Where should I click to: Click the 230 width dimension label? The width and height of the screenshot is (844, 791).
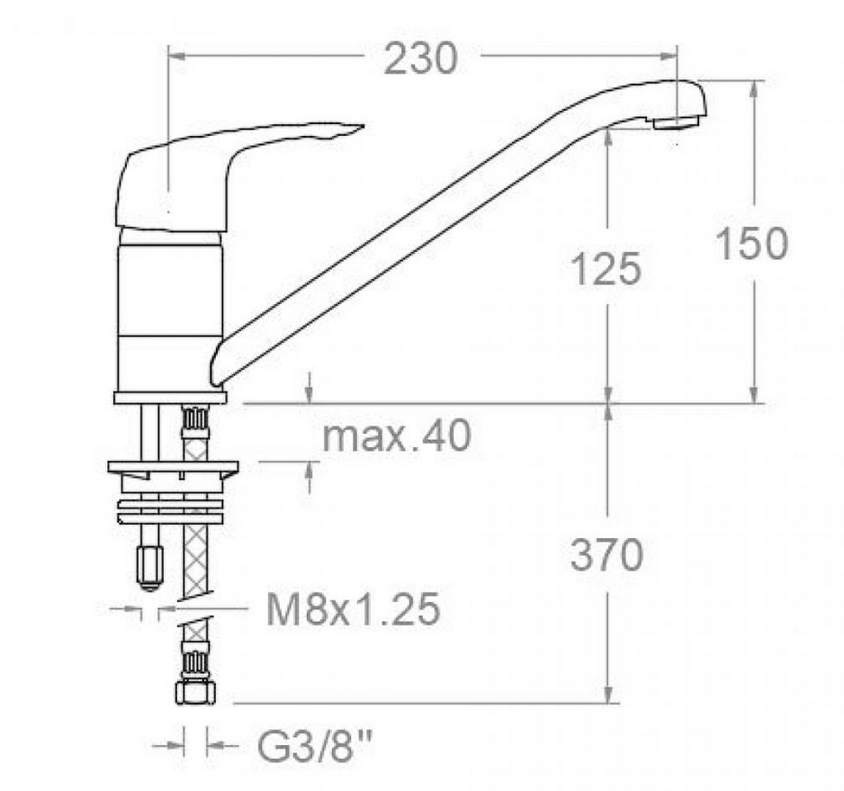[420, 58]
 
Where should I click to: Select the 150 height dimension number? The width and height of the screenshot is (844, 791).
[752, 244]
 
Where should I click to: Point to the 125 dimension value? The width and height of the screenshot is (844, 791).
[606, 269]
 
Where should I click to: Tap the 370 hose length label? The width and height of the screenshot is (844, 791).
[607, 555]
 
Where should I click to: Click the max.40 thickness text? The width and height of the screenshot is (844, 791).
[397, 436]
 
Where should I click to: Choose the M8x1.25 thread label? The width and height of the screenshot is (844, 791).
[354, 610]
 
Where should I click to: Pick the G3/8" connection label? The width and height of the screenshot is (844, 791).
[316, 746]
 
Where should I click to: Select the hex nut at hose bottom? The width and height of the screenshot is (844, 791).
[195, 692]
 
